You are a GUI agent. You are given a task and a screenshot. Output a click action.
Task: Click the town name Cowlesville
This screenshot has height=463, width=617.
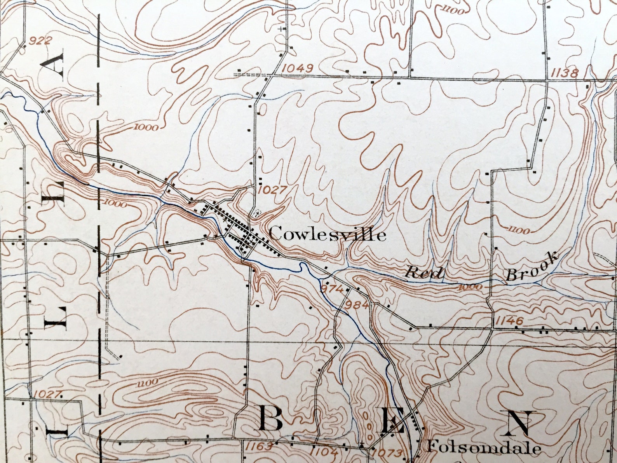pyautogui.click(x=327, y=234)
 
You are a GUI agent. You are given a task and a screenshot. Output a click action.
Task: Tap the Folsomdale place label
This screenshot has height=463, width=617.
pyautogui.click(x=483, y=448)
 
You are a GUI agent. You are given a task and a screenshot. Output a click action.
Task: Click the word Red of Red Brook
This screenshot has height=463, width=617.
pyautogui.click(x=424, y=272)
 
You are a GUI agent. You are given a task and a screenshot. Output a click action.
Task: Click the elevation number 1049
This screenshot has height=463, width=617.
pyautogui.click(x=298, y=68)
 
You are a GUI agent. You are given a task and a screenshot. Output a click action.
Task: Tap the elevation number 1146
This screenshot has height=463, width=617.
pyautogui.click(x=509, y=321)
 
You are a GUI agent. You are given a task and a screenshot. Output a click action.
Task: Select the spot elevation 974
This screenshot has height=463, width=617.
pyautogui.click(x=333, y=289)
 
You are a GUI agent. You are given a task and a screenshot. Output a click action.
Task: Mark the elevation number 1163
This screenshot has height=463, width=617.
pyautogui.click(x=259, y=446)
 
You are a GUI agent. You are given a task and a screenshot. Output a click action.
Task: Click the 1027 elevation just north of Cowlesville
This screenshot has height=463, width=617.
pyautogui.click(x=272, y=190)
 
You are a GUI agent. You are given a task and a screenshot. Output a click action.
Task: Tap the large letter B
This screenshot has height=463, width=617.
pyautogui.click(x=270, y=419)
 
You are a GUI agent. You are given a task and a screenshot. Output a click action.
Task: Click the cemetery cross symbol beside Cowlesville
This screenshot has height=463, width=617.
pyautogui.click(x=256, y=213)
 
